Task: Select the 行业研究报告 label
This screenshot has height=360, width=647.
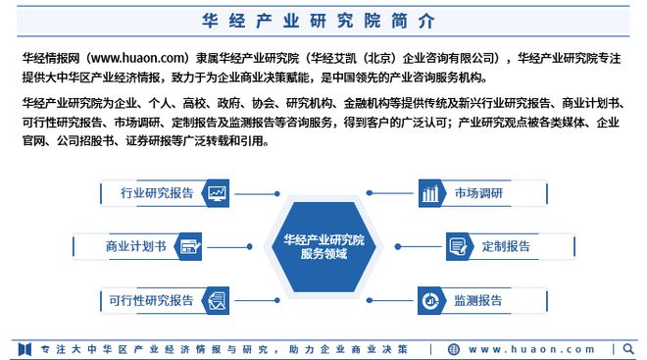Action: (156, 192)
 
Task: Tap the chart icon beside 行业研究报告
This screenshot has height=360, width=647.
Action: (217, 192)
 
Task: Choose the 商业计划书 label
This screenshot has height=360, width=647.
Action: (136, 246)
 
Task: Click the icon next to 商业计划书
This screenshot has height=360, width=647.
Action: (190, 246)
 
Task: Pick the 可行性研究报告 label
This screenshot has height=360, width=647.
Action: (151, 300)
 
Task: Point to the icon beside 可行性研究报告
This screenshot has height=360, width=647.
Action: (217, 300)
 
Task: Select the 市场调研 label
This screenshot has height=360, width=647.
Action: (477, 192)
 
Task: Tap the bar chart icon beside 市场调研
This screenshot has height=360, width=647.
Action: (429, 193)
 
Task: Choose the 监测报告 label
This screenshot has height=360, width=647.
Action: (477, 300)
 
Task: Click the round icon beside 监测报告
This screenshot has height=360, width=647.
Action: (429, 300)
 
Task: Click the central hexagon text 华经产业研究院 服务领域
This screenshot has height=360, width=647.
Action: (323, 246)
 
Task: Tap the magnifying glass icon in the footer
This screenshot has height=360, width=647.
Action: (627, 348)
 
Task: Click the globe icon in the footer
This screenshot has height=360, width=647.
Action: (453, 348)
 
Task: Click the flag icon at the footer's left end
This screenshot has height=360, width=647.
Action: (26, 348)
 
